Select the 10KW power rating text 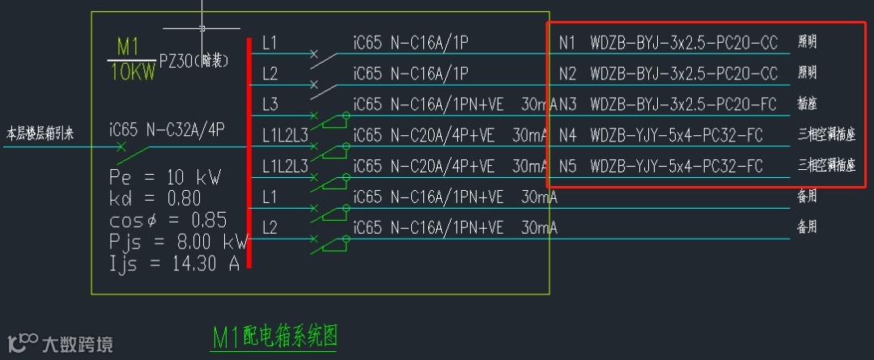coord(133,73)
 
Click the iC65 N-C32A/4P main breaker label coord(167,129)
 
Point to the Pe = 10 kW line coord(165,177)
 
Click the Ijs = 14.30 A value coord(174,263)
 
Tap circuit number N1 coord(567,43)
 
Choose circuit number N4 coord(567,135)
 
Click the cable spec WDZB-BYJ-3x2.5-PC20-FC coord(684,104)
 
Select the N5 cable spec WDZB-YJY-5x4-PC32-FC coord(677,167)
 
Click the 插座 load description coord(807,104)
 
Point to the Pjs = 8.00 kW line coord(178,242)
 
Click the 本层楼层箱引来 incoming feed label coord(40,133)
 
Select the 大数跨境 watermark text coord(78,344)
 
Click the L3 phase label coord(270,104)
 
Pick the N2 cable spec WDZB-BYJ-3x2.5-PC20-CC coord(684,74)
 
